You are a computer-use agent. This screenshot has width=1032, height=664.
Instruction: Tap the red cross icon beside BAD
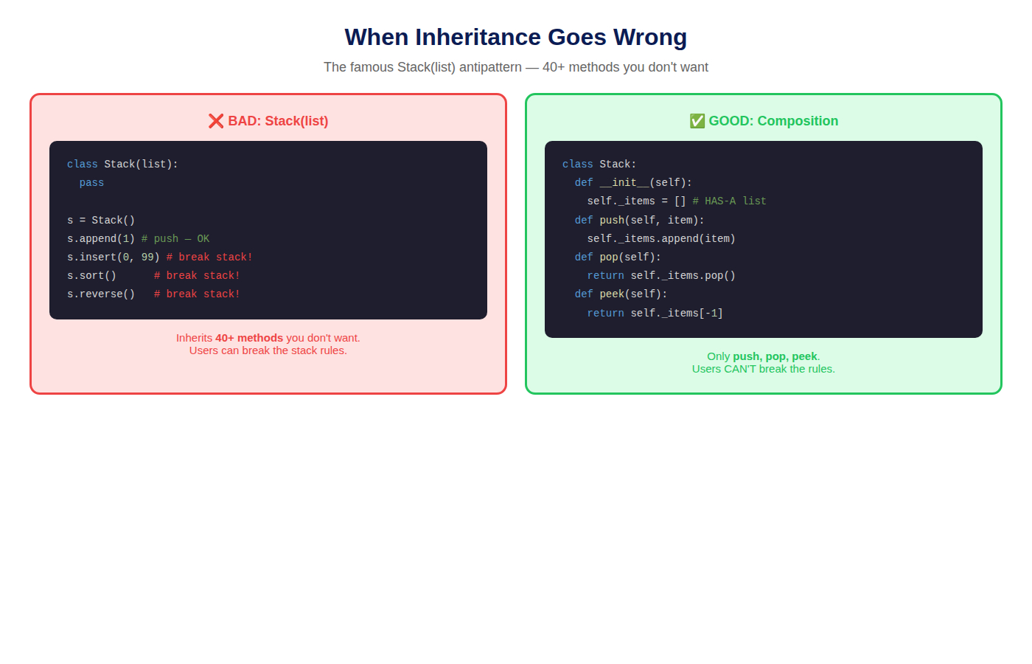point(215,121)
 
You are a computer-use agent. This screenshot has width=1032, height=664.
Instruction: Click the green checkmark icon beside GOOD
point(697,121)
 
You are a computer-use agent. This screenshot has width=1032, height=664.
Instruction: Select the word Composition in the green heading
point(798,121)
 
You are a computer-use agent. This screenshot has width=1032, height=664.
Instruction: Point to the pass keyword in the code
point(91,183)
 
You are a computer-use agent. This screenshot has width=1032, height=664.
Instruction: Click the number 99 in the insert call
point(147,257)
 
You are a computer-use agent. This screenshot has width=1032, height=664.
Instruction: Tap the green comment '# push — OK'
point(175,238)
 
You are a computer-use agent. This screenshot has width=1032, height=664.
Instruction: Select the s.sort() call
point(91,275)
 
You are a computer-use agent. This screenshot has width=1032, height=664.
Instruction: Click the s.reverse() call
point(101,294)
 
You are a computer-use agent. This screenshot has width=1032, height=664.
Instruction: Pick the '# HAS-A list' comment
point(729,201)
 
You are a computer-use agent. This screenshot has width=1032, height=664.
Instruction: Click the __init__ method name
point(624,183)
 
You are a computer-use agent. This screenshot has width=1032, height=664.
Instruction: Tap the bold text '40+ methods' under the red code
point(249,338)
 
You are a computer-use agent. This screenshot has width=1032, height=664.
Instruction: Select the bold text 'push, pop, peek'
point(775,356)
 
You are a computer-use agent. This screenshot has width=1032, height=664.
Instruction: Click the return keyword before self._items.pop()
point(605,275)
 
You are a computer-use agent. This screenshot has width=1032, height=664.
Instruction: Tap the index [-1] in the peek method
point(711,313)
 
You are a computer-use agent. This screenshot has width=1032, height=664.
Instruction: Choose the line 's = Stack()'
point(101,220)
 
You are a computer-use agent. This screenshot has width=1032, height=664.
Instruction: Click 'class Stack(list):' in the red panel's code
point(122,164)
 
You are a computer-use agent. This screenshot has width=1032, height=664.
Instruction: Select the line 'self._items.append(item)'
point(661,238)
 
